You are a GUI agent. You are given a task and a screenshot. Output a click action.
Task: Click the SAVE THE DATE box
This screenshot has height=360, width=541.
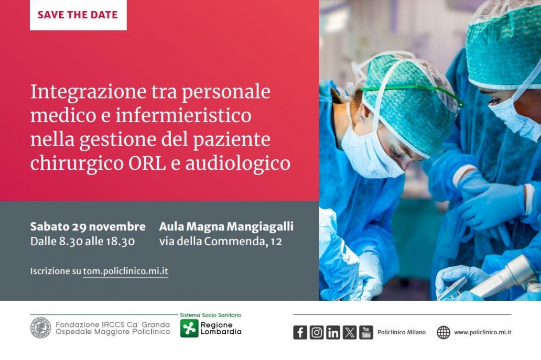tap(78, 15)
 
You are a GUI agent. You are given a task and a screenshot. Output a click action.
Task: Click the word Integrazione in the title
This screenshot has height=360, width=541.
tap(88, 92)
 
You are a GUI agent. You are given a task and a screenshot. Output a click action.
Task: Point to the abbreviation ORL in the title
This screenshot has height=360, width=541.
tap(147, 163)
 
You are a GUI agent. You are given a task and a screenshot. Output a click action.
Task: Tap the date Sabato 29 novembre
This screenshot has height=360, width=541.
tap(88, 226)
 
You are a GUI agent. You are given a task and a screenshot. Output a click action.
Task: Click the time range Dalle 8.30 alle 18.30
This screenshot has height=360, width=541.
tap(82, 242)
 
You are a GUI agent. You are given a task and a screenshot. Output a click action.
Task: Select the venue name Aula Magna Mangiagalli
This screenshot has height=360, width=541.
tap(226, 226)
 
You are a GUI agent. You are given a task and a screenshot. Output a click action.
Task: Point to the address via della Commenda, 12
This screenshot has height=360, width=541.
tap(221, 242)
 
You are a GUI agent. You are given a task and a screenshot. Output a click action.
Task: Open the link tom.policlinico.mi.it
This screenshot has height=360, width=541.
tap(126, 271)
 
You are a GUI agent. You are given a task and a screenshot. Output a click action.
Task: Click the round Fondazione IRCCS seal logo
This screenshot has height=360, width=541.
tap(40, 328)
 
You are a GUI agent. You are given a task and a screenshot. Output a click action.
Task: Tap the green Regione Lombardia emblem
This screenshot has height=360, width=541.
tap(189, 328)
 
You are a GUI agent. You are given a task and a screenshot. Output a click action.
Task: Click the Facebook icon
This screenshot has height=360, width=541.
tap(300, 333)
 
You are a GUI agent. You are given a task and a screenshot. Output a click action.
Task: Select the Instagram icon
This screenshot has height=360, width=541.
tap(317, 333)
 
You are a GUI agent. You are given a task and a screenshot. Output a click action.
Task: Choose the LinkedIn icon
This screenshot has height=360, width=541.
tap(333, 333)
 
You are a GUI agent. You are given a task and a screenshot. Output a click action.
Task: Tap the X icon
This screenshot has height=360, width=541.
tap(350, 333)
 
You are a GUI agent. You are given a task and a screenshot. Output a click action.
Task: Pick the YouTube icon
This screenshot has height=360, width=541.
tap(366, 333)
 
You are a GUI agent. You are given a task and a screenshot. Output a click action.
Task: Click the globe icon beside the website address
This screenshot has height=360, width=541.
tap(443, 332)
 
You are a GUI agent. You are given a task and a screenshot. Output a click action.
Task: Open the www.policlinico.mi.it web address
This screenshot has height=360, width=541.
tap(483, 332)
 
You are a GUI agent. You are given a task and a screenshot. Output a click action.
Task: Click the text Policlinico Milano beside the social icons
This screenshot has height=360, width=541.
tap(402, 332)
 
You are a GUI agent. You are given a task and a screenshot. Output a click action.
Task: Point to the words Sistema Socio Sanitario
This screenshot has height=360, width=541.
tap(211, 315)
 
